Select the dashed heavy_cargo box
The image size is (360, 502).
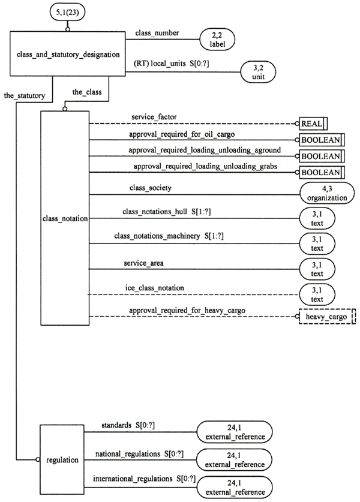327,317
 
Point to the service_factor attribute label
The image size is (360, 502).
153,116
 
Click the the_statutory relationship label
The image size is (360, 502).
22,95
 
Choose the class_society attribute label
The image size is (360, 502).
151,188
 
